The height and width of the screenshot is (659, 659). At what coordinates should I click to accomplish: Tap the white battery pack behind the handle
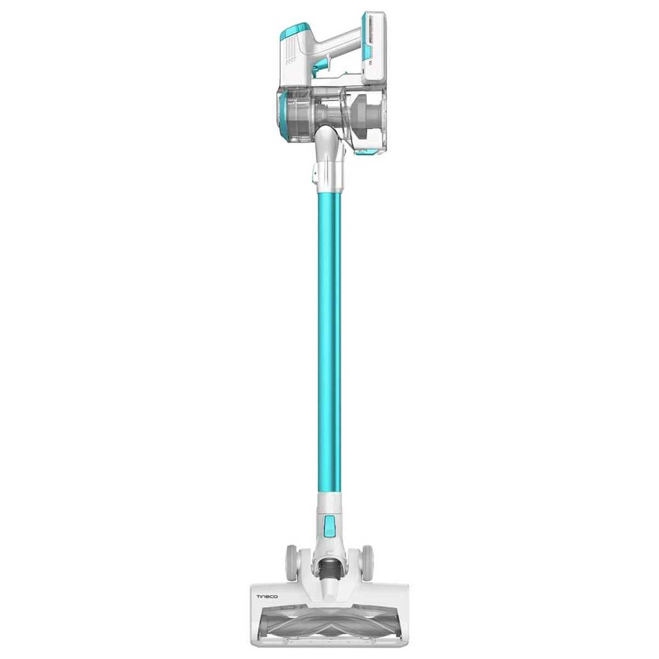(375, 48)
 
